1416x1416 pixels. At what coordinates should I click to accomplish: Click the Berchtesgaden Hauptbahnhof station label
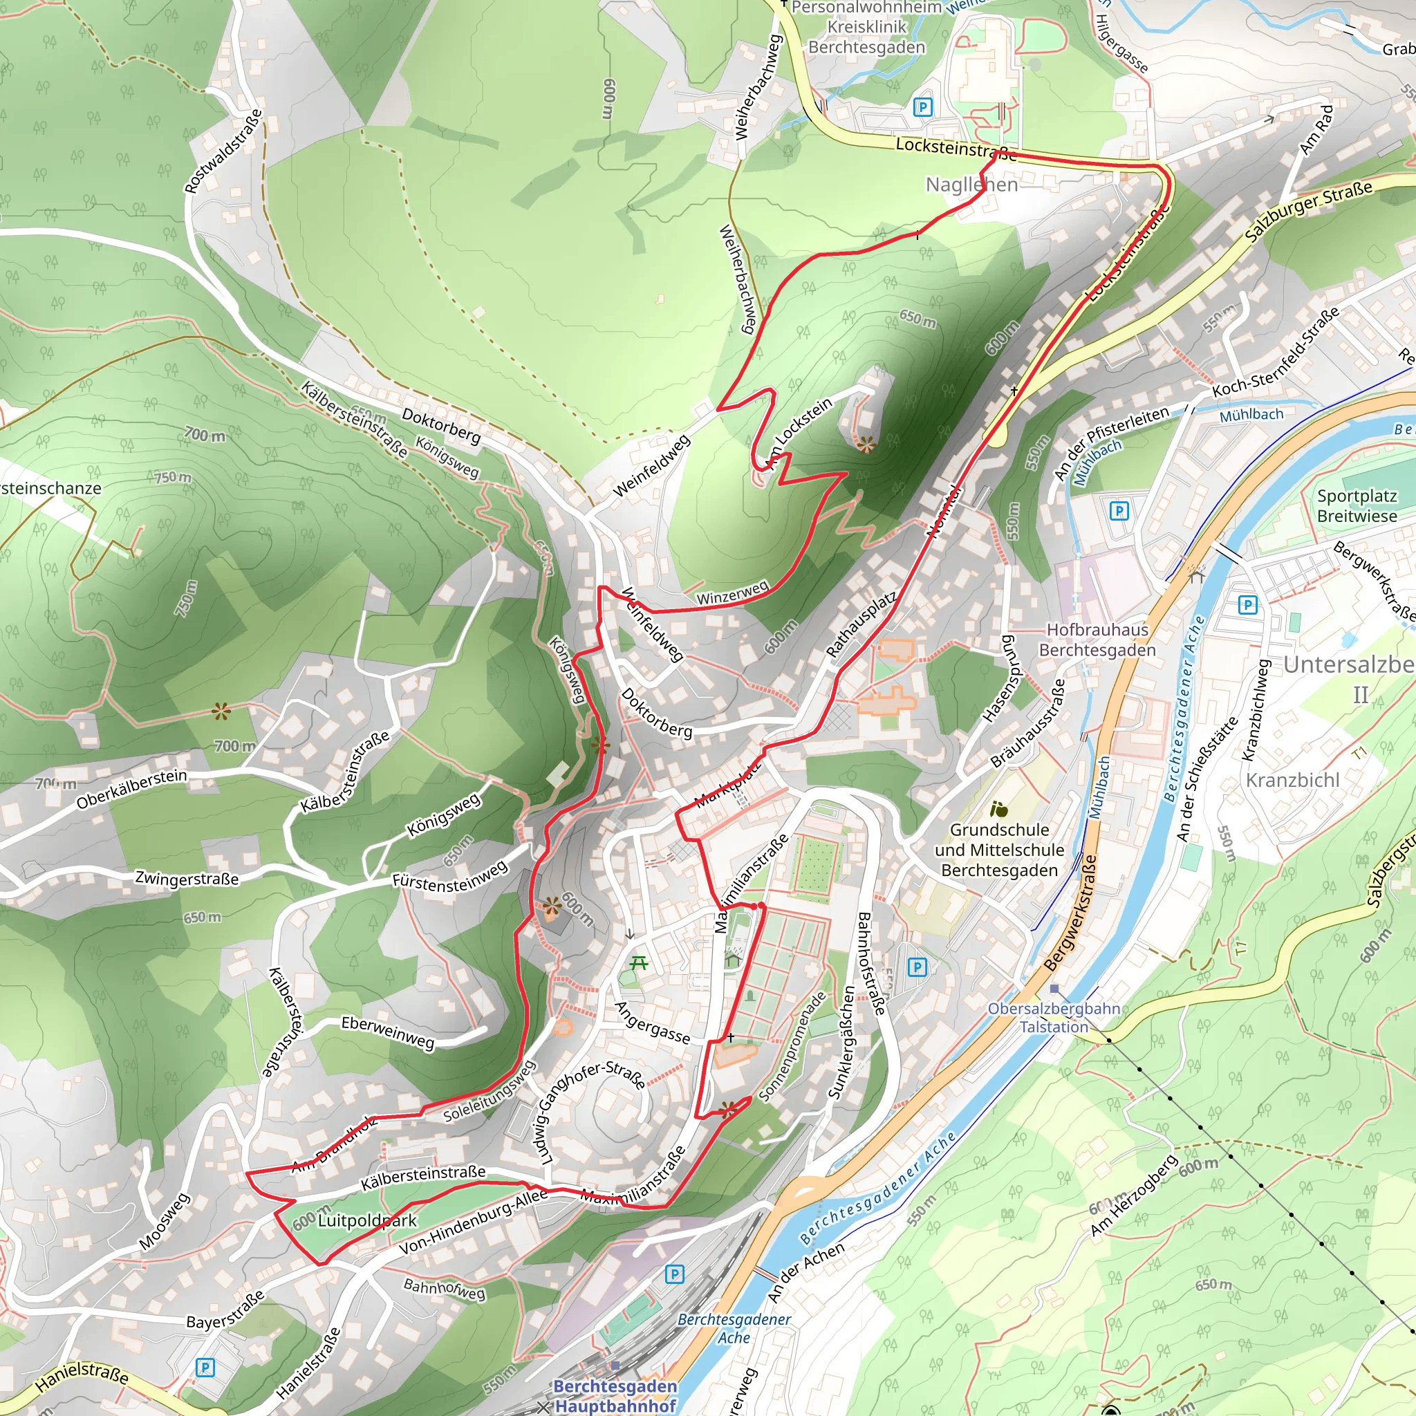point(615,1396)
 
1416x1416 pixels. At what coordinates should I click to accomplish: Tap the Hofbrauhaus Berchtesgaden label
point(1097,640)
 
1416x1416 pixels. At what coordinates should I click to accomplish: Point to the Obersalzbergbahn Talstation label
point(1053,1017)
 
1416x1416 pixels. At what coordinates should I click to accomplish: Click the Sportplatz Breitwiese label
point(1356,505)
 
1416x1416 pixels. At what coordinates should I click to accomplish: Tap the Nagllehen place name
point(971,185)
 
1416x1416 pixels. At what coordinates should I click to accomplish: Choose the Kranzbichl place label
point(1292,780)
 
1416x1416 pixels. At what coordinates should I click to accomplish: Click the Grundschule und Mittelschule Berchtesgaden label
point(999,850)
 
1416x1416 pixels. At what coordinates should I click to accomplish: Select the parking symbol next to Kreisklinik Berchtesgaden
point(923,108)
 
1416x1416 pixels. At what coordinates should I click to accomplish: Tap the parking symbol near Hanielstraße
point(205,1368)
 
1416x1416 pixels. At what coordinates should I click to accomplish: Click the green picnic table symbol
point(638,963)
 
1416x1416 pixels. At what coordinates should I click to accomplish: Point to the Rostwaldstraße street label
point(223,151)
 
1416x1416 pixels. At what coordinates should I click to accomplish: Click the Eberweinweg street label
point(388,1032)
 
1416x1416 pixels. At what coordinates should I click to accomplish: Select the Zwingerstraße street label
point(187,878)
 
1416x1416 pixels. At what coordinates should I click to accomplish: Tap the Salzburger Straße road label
point(1308,211)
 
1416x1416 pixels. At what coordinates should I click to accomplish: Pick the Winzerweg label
point(732,593)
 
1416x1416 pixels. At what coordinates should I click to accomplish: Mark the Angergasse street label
point(651,1023)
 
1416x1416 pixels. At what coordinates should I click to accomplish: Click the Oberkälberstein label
point(131,789)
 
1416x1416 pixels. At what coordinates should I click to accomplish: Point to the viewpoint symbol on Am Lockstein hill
point(866,444)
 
